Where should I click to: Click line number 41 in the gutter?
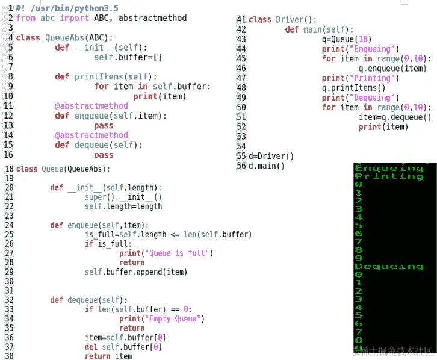pyautogui.click(x=242, y=19)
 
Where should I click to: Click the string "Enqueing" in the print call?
pyautogui.click(x=373, y=49)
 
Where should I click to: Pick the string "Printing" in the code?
pyautogui.click(x=373, y=78)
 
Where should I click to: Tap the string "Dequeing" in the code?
pyautogui.click(x=373, y=98)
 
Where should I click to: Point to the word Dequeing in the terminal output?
pyautogui.click(x=389, y=266)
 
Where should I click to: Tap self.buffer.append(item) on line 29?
pyautogui.click(x=136, y=272)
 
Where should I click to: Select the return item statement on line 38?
pyautogui.click(x=108, y=356)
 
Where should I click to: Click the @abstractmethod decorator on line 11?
pyautogui.click(x=91, y=106)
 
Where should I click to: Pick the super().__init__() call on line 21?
pyautogui.click(x=123, y=197)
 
